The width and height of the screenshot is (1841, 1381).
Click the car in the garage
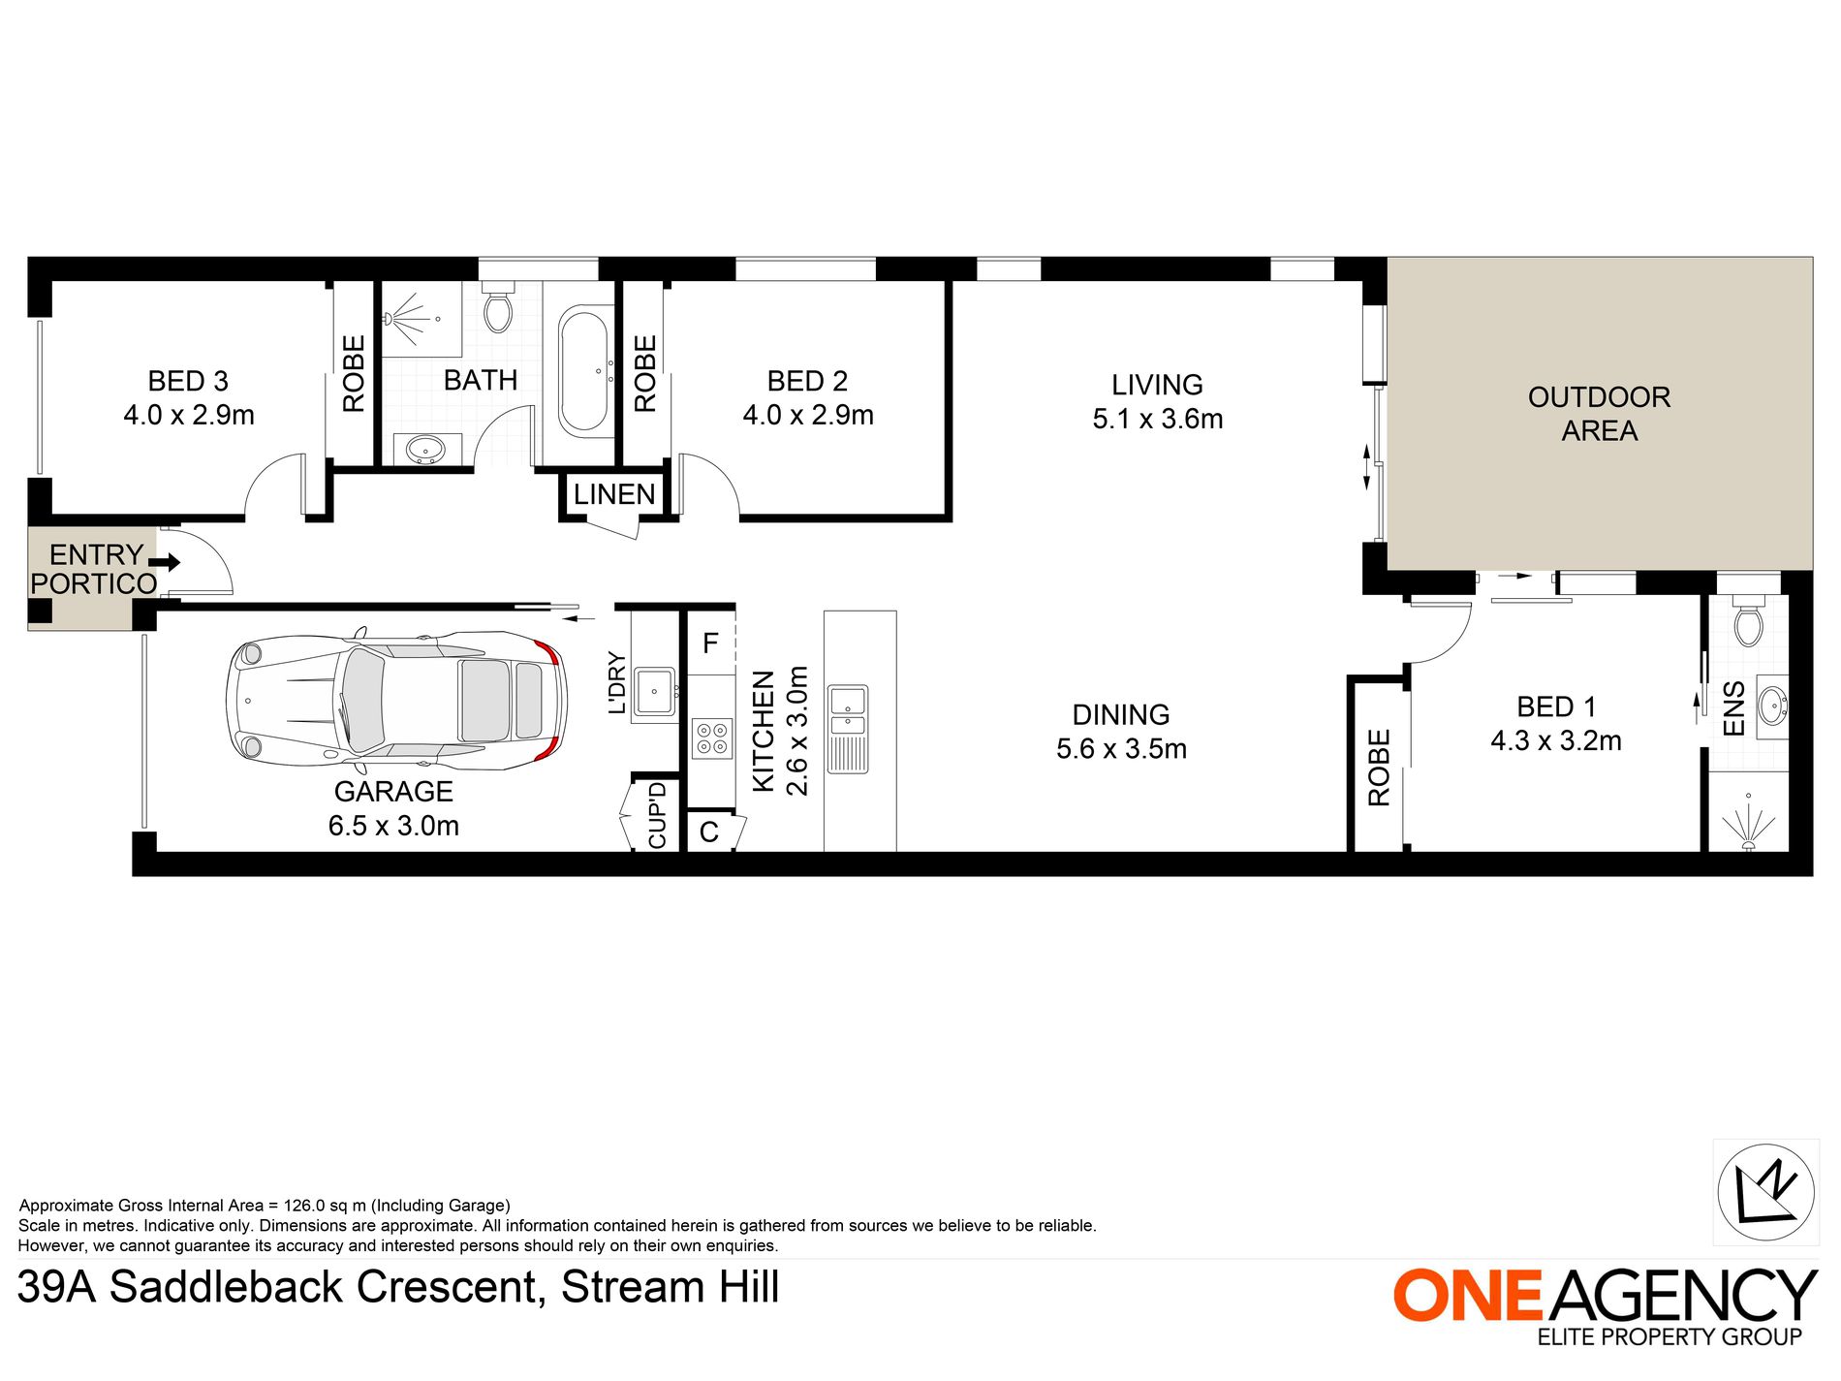tap(394, 702)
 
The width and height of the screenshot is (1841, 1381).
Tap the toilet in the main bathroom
tap(498, 306)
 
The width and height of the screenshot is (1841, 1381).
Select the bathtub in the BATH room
tap(583, 370)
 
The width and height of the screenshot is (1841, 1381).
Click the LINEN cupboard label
tap(614, 494)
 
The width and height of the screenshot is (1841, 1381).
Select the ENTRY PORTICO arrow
tap(165, 562)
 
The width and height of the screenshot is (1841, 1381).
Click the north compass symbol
tap(1765, 1192)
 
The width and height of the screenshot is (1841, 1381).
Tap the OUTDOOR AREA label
tap(1599, 414)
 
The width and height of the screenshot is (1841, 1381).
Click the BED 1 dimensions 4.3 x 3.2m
tap(1555, 741)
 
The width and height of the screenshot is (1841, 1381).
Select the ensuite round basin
tap(1771, 705)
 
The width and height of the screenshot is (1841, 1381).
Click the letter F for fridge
tap(710, 643)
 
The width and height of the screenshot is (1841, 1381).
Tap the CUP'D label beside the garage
tap(657, 816)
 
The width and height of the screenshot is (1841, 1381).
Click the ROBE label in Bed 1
tap(1379, 768)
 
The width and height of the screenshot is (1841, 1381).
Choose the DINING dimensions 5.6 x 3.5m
tap(1121, 749)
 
